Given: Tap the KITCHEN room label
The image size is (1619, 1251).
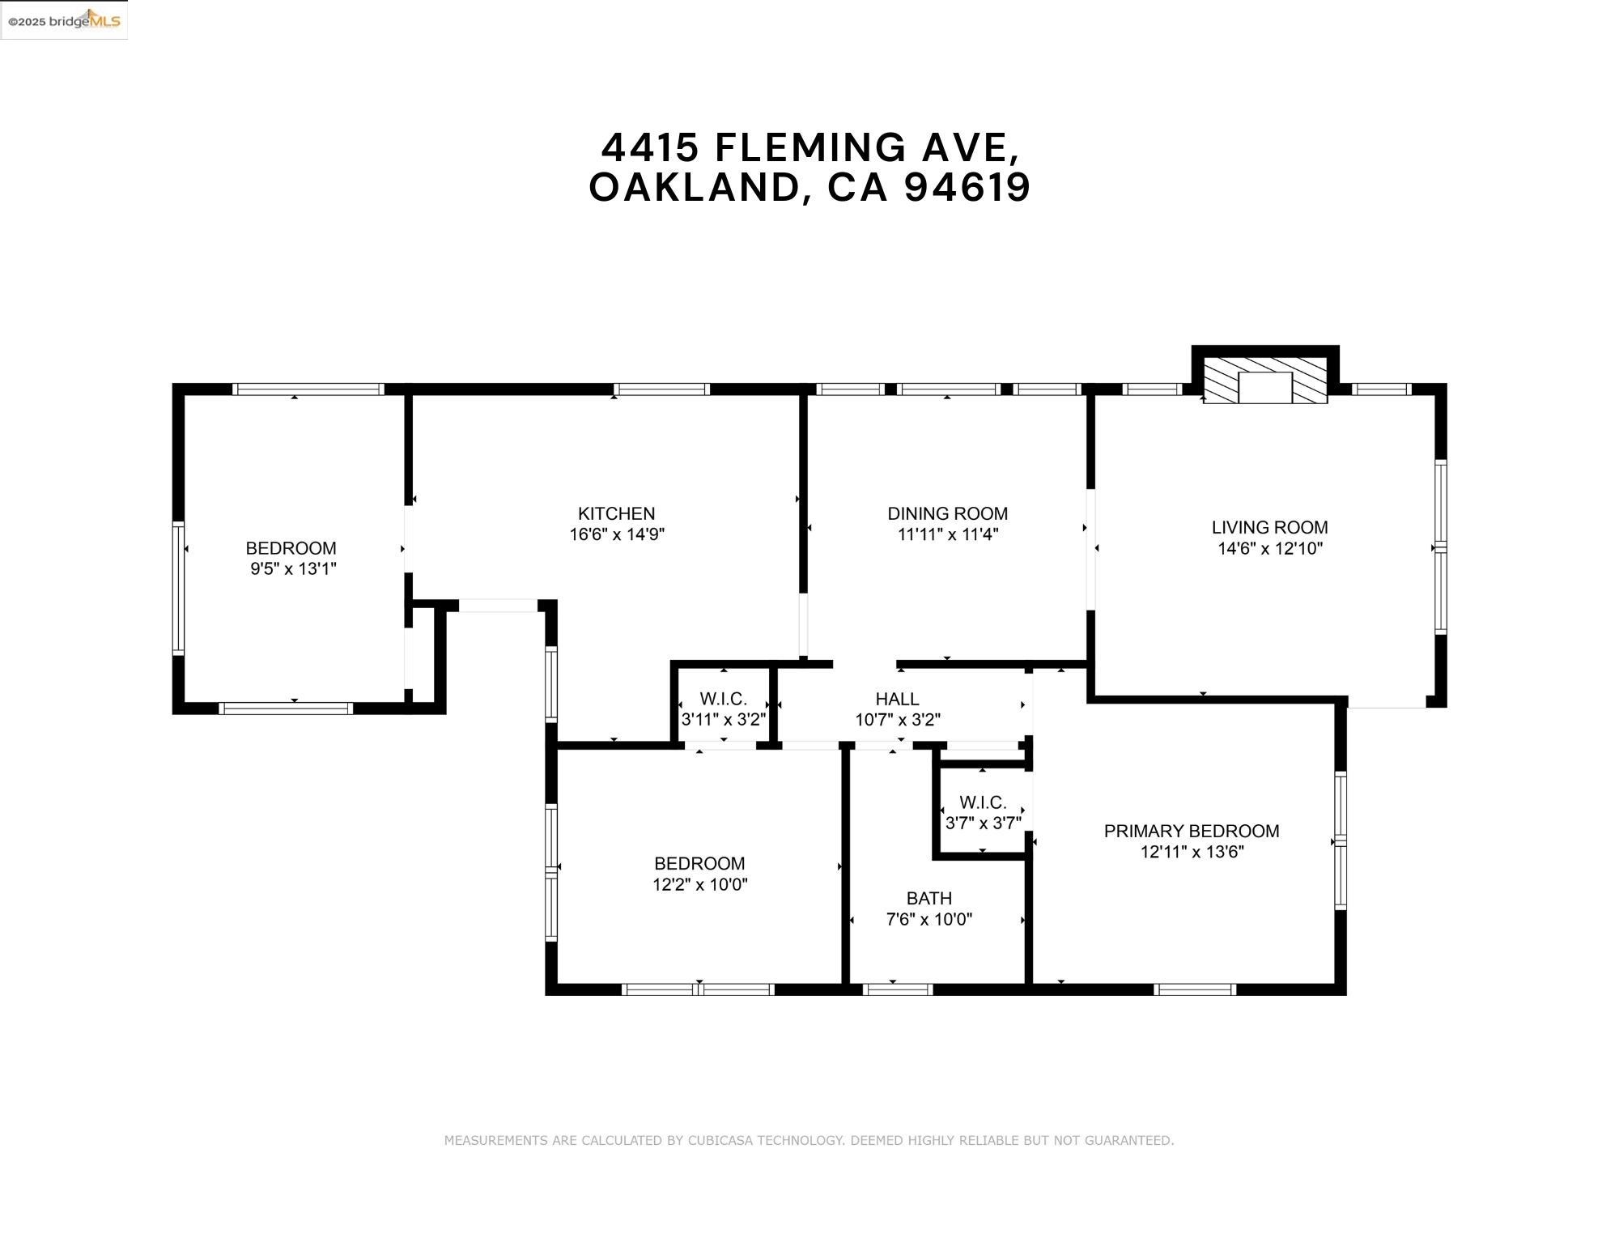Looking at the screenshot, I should click(616, 513).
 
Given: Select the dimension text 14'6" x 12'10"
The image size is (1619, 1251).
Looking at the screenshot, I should click(1269, 548).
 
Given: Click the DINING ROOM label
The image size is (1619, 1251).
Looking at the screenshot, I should click(947, 513).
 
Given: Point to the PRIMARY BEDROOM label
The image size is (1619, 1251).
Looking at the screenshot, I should click(1191, 831).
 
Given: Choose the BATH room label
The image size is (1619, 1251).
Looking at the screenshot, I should click(928, 898).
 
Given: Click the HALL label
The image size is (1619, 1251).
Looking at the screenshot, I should click(897, 699).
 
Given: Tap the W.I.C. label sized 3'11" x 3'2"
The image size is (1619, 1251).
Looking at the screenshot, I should click(723, 699).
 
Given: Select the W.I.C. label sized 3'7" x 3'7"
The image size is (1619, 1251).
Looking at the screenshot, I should click(983, 802).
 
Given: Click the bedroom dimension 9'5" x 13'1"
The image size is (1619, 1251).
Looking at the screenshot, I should click(293, 568).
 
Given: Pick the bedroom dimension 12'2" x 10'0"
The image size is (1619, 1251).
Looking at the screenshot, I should click(699, 884).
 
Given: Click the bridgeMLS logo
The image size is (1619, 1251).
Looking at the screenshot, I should click(64, 20).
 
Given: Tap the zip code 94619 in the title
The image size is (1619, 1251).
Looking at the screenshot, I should click(967, 187).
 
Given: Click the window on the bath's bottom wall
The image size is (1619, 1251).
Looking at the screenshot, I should click(898, 989).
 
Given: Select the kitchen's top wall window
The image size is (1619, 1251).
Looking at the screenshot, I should click(661, 389).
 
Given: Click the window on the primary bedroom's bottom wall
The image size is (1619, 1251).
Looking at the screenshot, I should click(1194, 989).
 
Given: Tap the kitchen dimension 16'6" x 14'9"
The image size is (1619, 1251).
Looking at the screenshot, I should click(616, 534).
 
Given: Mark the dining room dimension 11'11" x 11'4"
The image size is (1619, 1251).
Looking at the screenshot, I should click(947, 534).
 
